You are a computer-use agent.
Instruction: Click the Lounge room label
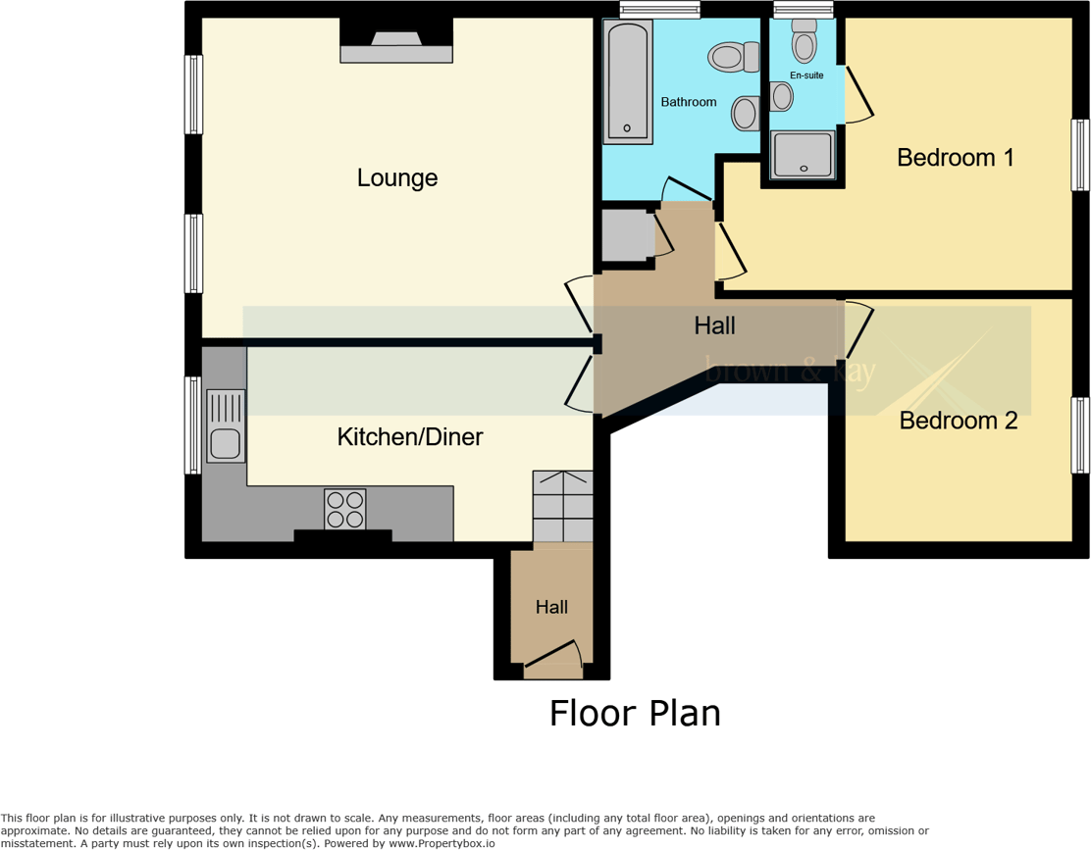(x=396, y=178)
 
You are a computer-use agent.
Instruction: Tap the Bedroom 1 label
(x=955, y=157)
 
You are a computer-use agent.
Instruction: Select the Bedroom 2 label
(x=958, y=421)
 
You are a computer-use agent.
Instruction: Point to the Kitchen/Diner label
(x=410, y=437)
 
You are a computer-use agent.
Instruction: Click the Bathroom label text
(x=688, y=102)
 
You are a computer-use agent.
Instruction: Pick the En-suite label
(x=806, y=75)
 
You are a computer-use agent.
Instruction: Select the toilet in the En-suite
(x=805, y=44)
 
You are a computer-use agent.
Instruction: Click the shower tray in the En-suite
(x=804, y=155)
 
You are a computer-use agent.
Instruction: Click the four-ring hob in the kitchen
(x=344, y=509)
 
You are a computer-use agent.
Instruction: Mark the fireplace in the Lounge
(x=396, y=41)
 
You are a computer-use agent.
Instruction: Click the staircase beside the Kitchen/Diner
(x=562, y=506)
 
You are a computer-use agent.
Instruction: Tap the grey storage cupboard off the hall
(x=626, y=236)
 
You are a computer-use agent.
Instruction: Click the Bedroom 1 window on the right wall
(x=1079, y=155)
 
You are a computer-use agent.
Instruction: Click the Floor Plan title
(x=635, y=713)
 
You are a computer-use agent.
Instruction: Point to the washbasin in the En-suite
(x=782, y=96)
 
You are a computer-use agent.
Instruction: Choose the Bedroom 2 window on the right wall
(x=1079, y=435)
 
